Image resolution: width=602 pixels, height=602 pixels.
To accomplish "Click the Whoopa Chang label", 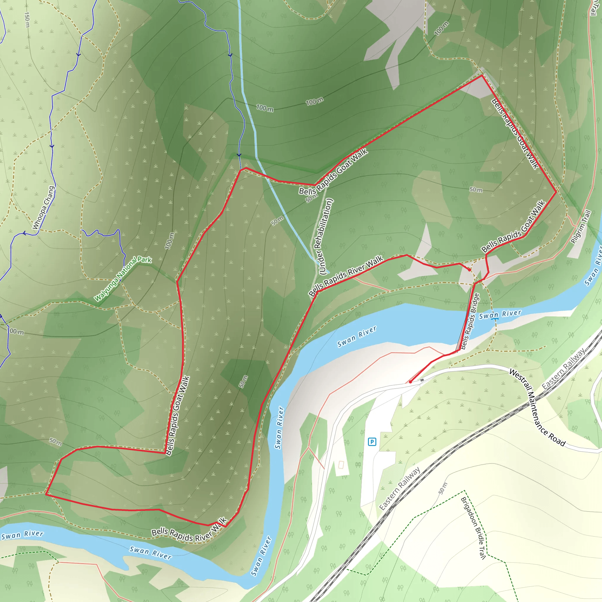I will click(x=44, y=208).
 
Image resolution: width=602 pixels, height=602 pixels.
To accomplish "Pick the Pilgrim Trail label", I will click(x=581, y=227).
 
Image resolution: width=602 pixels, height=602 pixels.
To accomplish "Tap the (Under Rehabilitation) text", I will click(x=326, y=237).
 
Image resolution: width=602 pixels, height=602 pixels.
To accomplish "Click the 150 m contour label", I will click(x=27, y=20).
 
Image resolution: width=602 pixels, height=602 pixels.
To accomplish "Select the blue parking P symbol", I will click(x=372, y=442).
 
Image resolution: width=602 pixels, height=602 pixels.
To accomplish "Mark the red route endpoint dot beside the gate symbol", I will click(x=410, y=382).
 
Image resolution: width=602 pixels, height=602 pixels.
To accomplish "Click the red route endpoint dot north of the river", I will click(x=469, y=270).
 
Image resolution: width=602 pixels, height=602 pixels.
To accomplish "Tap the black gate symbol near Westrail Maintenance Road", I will click(x=422, y=380).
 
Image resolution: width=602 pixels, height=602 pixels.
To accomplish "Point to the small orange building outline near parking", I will click(x=341, y=465).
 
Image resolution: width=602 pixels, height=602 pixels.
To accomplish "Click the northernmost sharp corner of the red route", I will click(x=482, y=76).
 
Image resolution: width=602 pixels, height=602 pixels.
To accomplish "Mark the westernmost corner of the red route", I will click(x=46, y=494).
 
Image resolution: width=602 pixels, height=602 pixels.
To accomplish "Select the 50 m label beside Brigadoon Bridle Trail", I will click(x=443, y=488).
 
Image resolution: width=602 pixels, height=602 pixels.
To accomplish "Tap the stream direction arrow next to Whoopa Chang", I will click(x=25, y=233).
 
